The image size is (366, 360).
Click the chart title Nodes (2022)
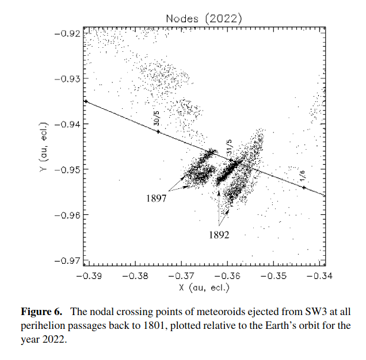[x=204, y=18]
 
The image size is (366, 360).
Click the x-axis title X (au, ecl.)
[x=204, y=286]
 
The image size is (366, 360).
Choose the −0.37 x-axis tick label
[x=182, y=275]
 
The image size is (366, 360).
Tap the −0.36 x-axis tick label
[x=230, y=275]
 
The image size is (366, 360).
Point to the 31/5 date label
[x=229, y=146]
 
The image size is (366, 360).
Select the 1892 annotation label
[x=219, y=235]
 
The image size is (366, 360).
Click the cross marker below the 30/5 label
[x=158, y=132]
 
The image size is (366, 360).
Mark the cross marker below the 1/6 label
[x=304, y=187]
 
